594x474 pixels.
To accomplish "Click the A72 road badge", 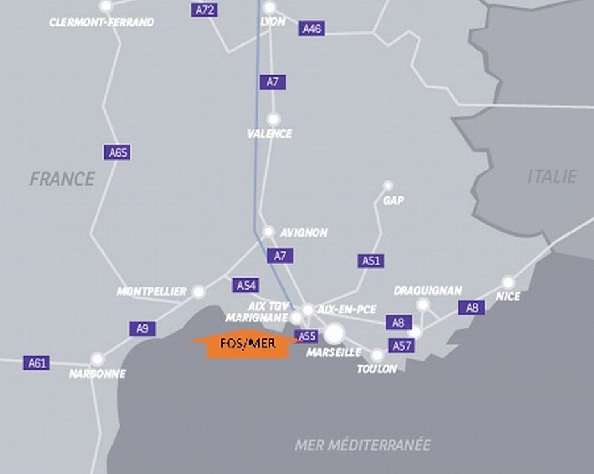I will click(204, 10).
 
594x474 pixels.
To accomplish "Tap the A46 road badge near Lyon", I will click(311, 29).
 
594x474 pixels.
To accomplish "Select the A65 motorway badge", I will click(118, 152).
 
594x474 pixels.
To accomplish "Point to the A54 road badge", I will click(246, 285).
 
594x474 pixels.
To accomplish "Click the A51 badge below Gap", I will click(371, 260).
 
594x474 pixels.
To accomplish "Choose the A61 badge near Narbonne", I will click(37, 363).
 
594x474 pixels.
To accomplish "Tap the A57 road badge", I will click(401, 346).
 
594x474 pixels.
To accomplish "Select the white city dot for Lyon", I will click(270, 8).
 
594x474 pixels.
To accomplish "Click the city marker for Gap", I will click(387, 186).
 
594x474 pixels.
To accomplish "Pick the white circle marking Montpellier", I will click(199, 292).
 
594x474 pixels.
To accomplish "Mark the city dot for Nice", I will click(508, 282).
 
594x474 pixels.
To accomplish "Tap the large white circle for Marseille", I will click(334, 333).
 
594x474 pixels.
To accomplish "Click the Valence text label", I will click(270, 134).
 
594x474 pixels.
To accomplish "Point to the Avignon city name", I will click(304, 233).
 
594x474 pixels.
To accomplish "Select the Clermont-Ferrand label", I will click(102, 22).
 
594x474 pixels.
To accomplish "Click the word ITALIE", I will click(552, 177).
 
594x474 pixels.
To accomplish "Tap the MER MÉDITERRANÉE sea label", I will click(363, 445).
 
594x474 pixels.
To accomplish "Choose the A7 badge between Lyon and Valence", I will click(273, 82).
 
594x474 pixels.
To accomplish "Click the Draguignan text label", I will click(428, 291).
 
